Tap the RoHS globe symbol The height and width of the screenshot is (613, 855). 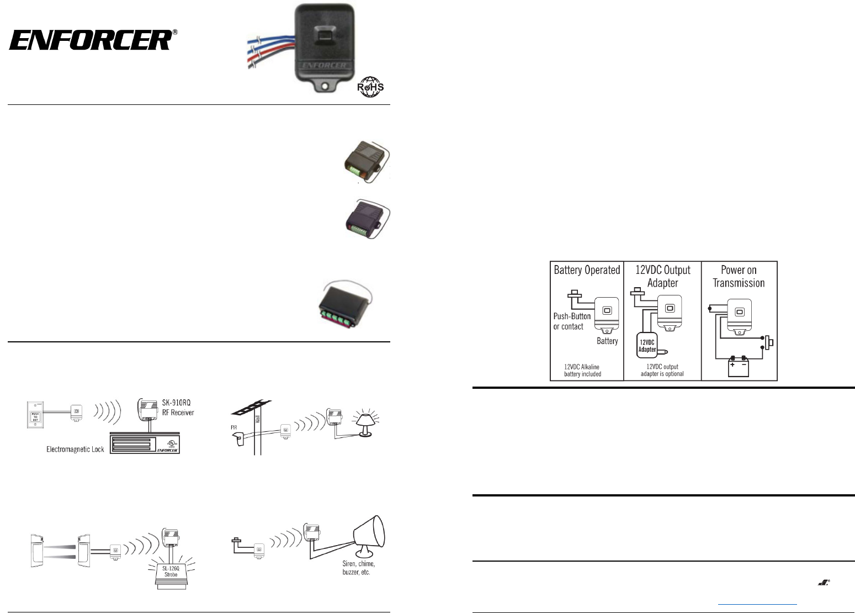(370, 87)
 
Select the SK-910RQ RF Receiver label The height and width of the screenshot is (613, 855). (177, 408)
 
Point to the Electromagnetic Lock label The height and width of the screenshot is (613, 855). (75, 450)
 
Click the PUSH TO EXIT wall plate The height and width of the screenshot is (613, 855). (35, 416)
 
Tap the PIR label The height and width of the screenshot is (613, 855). (234, 427)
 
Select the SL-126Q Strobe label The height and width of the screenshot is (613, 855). (171, 571)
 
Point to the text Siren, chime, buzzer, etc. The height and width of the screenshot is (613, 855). (358, 568)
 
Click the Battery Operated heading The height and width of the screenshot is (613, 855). (587, 270)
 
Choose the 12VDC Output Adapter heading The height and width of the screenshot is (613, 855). (662, 276)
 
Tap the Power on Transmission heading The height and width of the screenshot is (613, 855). (739, 276)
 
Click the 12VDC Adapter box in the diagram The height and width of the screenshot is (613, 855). (647, 345)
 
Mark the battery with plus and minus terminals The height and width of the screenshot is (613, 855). (738, 367)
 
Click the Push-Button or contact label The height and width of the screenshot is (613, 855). (572, 321)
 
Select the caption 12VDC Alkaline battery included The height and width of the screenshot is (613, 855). (582, 371)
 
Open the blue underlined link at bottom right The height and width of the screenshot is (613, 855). (758, 604)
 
